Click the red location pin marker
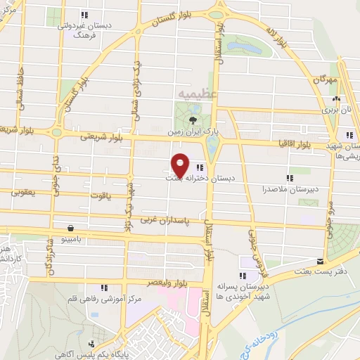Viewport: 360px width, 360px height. [x=180, y=165]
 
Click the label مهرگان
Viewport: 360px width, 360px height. [x=328, y=82]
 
